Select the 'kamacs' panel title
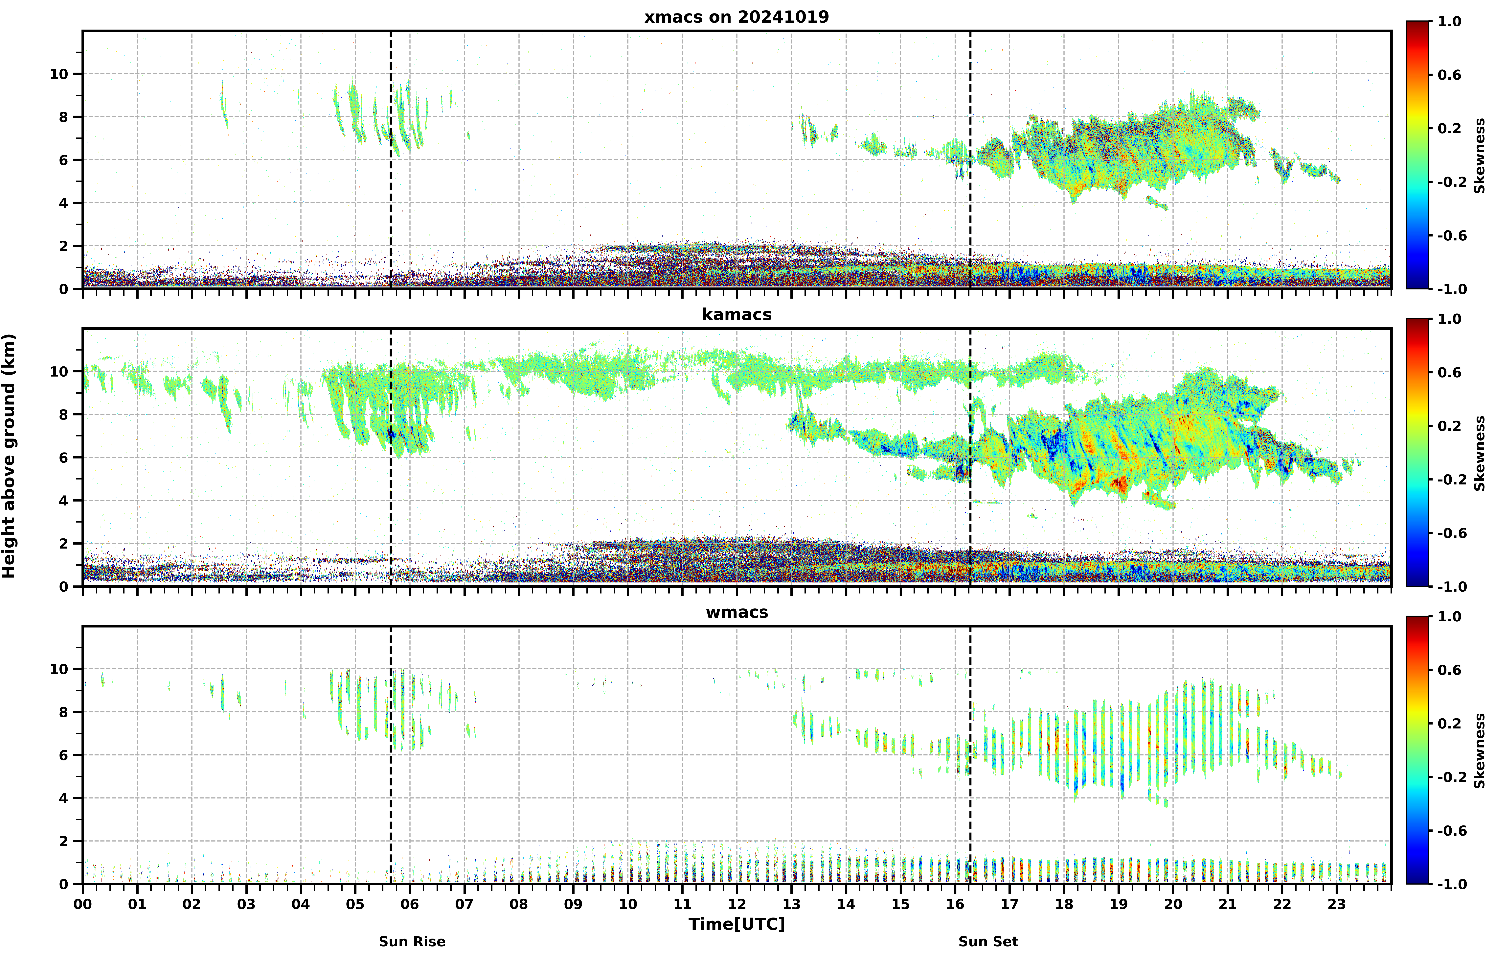[x=737, y=314]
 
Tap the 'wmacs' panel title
[x=737, y=612]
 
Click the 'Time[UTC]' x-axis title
[x=737, y=924]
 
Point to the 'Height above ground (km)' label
[x=9, y=456]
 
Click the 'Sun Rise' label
[x=412, y=942]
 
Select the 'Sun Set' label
[x=988, y=942]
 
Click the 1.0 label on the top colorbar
[x=1449, y=22]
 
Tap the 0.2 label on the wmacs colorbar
[x=1449, y=724]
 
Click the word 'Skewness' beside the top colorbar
[x=1480, y=156]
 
